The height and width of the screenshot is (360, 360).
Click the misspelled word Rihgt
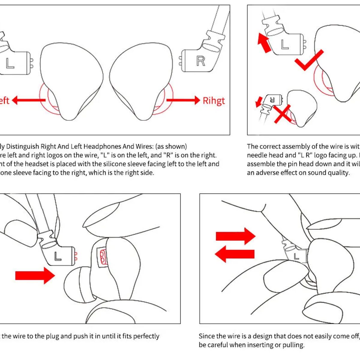point(214,100)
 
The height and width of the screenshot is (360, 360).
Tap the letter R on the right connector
point(200,61)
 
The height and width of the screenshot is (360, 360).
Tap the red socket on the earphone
point(102,257)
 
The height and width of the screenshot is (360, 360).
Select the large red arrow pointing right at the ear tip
point(35,275)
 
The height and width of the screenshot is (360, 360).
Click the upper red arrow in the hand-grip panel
point(235,236)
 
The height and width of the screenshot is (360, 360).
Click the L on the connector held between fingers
point(296,256)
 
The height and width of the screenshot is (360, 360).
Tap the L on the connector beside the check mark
point(284,44)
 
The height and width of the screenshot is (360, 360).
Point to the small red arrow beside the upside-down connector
point(258,102)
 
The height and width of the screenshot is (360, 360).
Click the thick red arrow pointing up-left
point(264,43)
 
